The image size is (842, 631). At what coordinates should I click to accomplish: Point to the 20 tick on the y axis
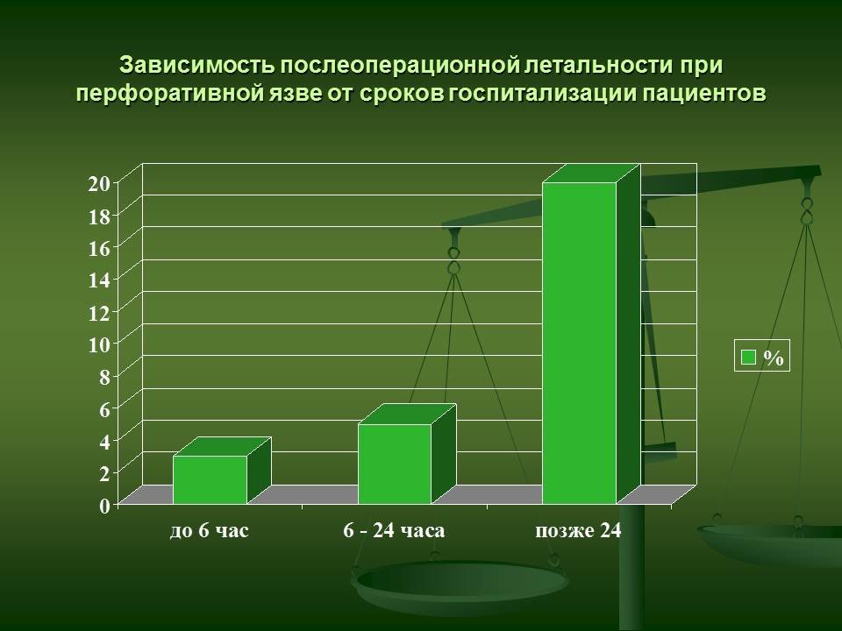click(x=99, y=183)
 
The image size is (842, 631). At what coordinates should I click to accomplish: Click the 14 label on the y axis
click(x=99, y=280)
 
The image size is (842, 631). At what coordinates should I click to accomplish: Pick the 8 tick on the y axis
click(x=104, y=377)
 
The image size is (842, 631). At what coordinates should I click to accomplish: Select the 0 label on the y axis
click(x=104, y=506)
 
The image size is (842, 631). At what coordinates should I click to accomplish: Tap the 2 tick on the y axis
click(x=104, y=473)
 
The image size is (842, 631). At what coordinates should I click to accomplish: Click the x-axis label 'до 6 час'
click(x=210, y=531)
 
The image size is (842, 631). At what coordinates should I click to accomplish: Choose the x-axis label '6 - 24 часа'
click(x=394, y=531)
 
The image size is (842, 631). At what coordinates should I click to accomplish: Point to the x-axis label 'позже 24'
click(x=578, y=531)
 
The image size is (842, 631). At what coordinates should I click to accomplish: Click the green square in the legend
click(x=748, y=357)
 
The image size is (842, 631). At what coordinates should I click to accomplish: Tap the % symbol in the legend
click(x=774, y=358)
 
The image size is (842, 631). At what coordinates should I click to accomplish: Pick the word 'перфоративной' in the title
click(x=169, y=94)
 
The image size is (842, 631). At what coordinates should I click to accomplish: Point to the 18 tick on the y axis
click(x=99, y=216)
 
